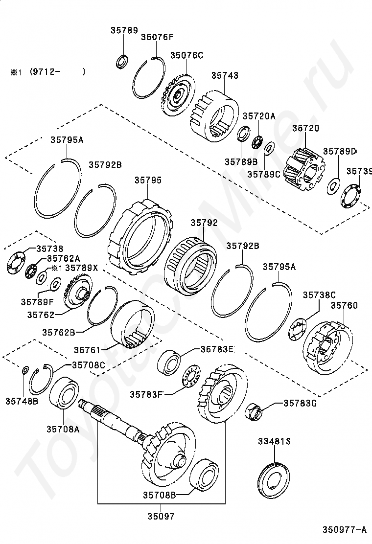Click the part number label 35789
[124, 30]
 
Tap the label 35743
[225, 76]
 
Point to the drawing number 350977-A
[344, 529]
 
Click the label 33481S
[274, 442]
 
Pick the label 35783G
[300, 403]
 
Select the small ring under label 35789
[122, 62]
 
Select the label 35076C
[186, 56]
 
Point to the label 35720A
[259, 116]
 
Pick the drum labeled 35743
[214, 116]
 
